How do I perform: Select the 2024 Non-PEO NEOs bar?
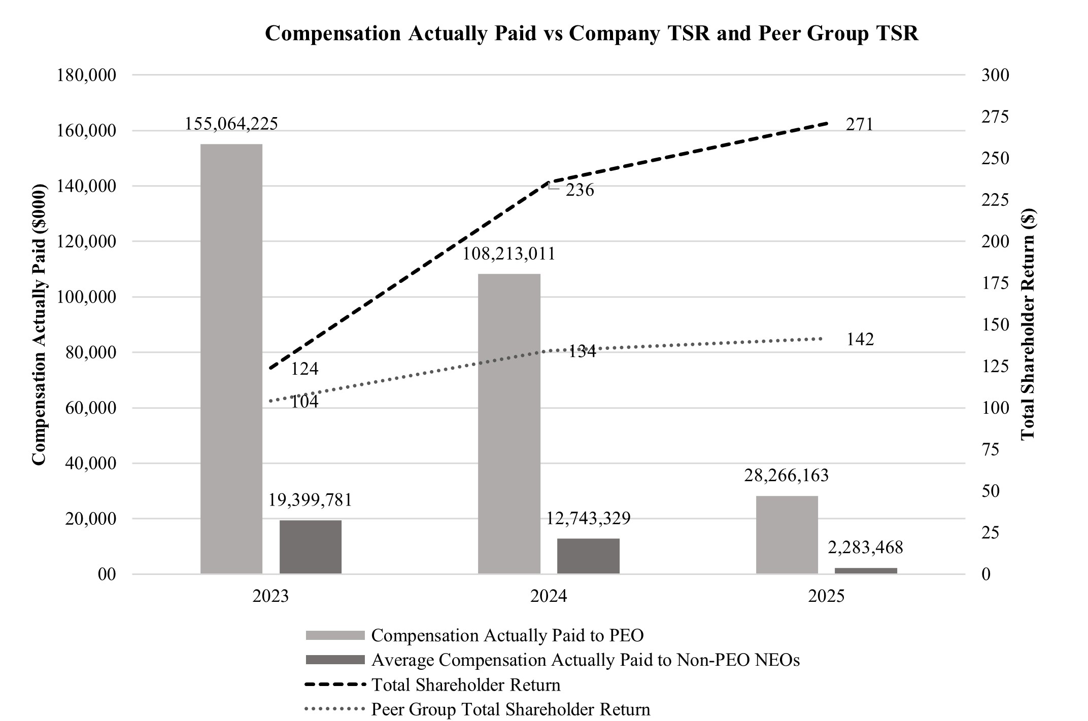tap(588, 556)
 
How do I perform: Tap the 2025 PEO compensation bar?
tap(787, 534)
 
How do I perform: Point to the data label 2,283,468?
tap(866, 548)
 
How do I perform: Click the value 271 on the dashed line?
tap(859, 125)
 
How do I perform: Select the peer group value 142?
tap(860, 340)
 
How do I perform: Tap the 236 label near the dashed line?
tap(580, 191)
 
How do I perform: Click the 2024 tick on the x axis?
tap(549, 596)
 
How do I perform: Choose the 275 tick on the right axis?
tap(995, 117)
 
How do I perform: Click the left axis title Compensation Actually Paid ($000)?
tap(39, 325)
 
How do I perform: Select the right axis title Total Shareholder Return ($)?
tap(1028, 325)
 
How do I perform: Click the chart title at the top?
tap(592, 33)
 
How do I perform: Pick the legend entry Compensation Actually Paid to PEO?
tap(507, 635)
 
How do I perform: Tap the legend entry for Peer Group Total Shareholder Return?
tap(511, 709)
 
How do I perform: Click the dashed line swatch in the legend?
tap(335, 685)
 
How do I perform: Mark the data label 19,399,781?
tap(310, 500)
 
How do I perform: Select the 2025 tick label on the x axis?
tap(826, 596)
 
